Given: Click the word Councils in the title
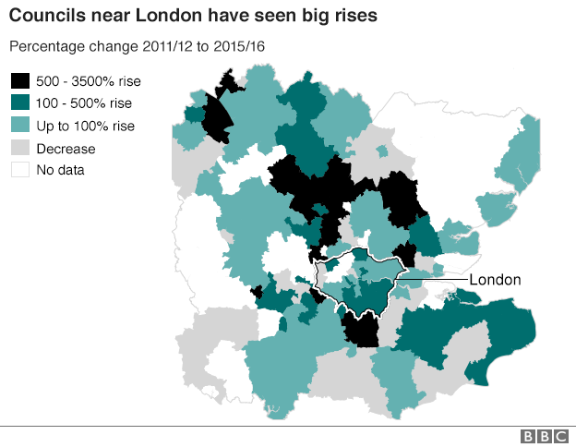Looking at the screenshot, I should coord(44,17).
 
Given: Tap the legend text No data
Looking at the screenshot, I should coord(61,170).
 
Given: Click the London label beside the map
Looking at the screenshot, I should coord(496,280).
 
